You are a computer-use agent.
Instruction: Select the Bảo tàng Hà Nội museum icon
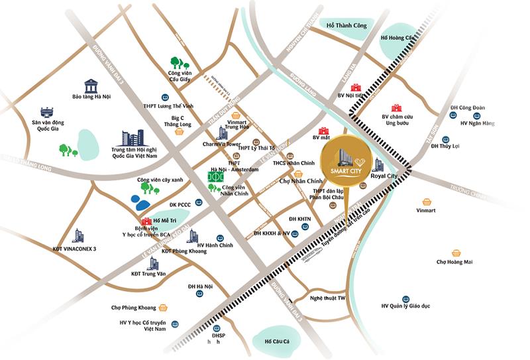90,86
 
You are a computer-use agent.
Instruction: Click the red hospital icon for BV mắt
324,131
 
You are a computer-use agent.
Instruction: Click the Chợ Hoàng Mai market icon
456,253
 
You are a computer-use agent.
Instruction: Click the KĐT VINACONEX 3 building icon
78,235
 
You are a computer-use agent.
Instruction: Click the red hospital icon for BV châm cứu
396,108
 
